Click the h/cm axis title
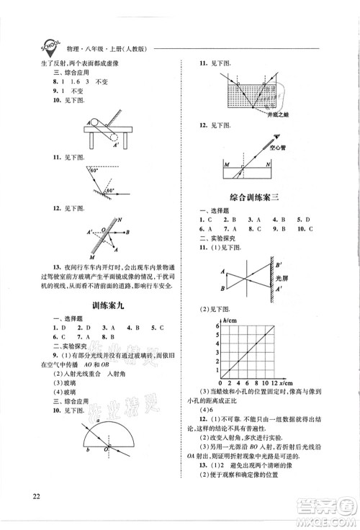[x=231, y=319]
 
